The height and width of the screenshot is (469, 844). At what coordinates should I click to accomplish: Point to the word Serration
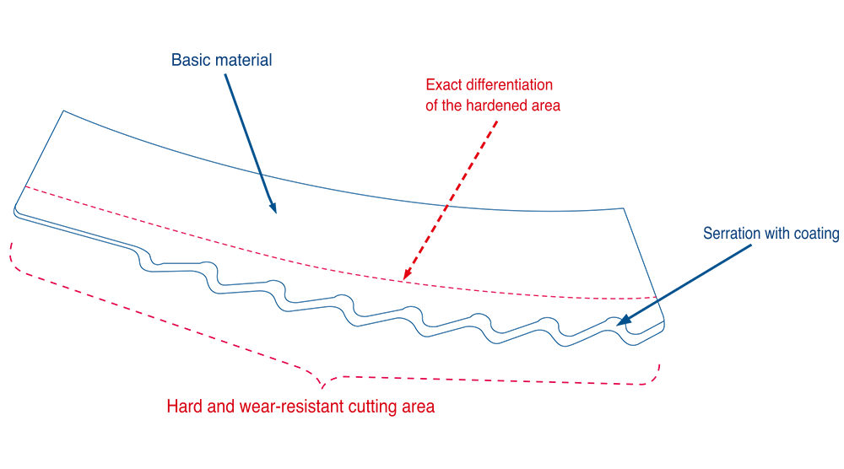click(733, 234)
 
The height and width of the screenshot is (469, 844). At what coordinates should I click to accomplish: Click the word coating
click(815, 234)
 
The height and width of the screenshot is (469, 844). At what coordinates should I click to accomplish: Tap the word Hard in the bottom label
click(183, 407)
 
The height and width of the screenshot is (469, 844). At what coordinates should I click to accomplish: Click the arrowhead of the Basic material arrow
click(275, 210)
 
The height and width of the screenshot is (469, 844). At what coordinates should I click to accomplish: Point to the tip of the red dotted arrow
click(403, 278)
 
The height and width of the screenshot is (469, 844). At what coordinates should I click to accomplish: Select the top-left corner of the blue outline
click(63, 111)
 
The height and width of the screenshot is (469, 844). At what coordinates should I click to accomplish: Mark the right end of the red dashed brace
click(660, 366)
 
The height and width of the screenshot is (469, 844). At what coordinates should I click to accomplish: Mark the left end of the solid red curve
click(27, 186)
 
